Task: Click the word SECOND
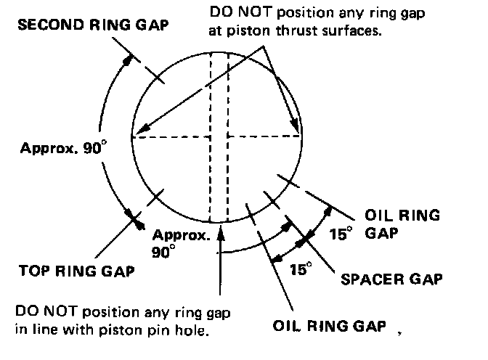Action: tap(44, 24)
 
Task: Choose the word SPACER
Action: tap(367, 278)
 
